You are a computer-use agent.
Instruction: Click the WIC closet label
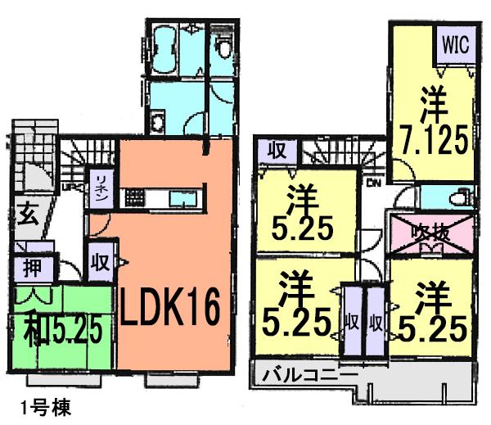(456, 45)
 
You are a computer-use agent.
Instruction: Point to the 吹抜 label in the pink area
(430, 232)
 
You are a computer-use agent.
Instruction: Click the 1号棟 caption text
(42, 406)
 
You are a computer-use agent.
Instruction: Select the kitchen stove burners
(133, 197)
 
